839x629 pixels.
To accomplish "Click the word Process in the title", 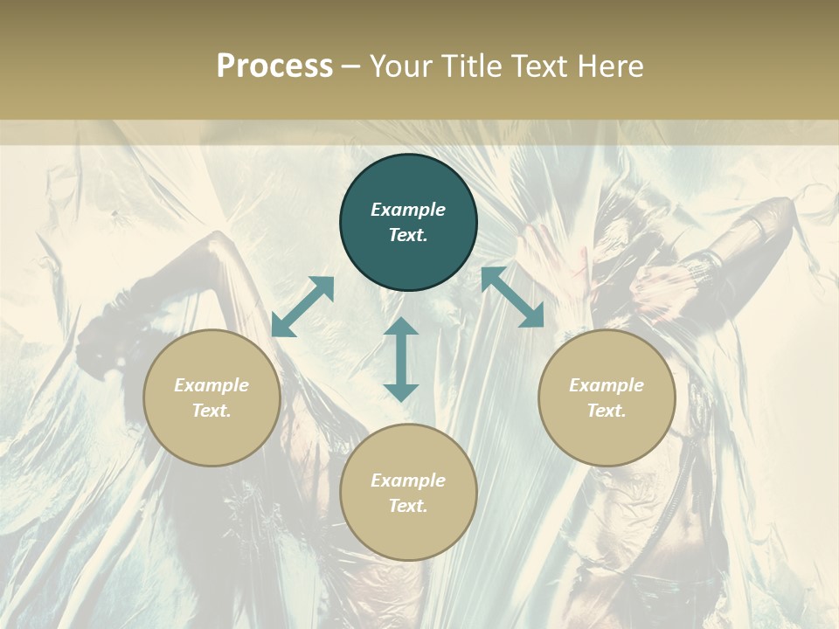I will point(274,66).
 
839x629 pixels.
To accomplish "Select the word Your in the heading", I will point(401,66).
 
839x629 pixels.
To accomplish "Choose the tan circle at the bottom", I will point(408,533).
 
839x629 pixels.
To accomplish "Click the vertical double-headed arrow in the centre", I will point(401,359).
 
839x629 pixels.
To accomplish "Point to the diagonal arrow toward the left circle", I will point(302,307).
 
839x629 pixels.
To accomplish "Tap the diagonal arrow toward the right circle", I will point(512,297).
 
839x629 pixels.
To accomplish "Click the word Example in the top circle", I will point(408,210).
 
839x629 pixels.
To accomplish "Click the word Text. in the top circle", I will point(408,235).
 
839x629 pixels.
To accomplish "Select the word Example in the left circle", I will point(211,385).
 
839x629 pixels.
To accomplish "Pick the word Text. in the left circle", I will point(211,411).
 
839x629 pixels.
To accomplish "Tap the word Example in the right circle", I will point(607,385).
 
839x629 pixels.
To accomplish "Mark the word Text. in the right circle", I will point(607,411).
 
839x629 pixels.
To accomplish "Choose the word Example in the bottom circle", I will point(408,480).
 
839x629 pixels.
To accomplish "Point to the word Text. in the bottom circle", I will point(408,506).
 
